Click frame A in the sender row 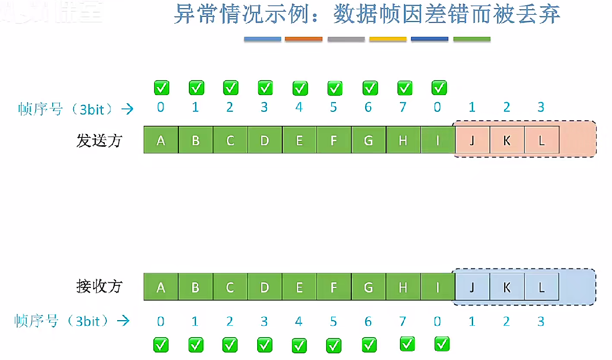161,140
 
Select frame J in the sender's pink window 472,140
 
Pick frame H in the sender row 403,140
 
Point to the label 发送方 99,140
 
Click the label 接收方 99,286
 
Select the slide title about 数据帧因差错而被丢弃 367,15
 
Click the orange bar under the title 304,39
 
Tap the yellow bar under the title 388,39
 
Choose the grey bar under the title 346,39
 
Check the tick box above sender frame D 265,87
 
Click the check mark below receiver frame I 442,344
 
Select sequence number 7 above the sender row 403,107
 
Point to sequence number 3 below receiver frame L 541,321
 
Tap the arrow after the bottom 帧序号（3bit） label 123,321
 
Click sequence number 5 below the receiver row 333,321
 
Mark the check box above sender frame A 162,87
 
